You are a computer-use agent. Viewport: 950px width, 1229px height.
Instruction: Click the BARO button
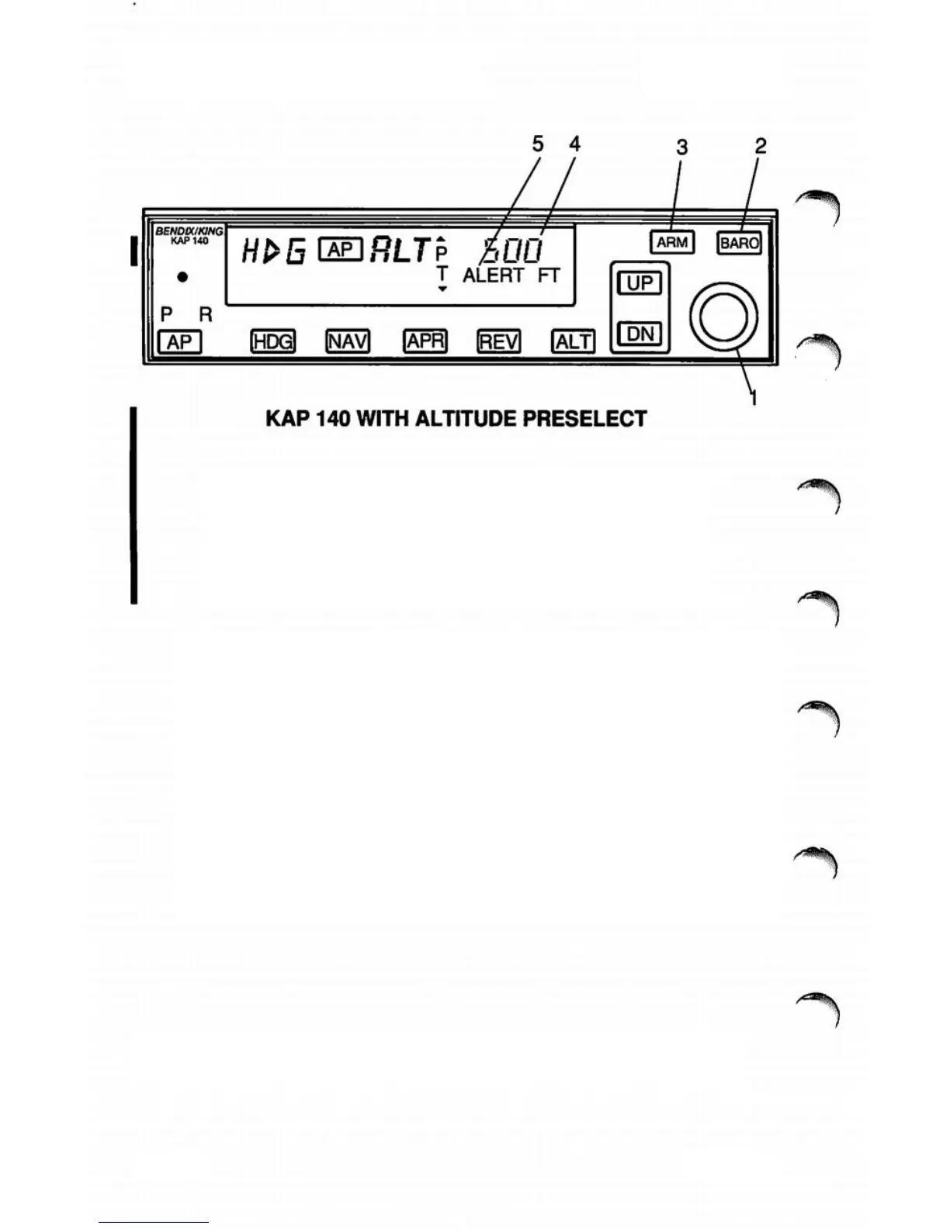739,243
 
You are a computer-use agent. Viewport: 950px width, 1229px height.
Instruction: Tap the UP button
639,283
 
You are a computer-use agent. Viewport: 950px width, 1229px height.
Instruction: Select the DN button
639,334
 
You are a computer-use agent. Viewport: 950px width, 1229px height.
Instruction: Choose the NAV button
347,341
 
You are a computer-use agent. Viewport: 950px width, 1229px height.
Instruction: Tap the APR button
425,341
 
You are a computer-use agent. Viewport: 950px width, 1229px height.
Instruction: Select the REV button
498,341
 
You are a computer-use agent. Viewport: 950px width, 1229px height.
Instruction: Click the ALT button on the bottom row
573,341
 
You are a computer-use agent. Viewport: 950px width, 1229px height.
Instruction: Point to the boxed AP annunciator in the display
341,249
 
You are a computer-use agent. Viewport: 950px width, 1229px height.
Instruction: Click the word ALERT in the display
494,275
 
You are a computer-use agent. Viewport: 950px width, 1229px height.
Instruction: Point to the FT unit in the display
549,275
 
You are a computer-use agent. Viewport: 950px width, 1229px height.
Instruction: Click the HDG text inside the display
274,251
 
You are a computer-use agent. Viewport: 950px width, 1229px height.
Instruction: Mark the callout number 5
538,144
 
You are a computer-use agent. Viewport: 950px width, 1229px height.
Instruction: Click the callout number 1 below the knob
753,399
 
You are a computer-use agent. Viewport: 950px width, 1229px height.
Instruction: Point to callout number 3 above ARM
681,147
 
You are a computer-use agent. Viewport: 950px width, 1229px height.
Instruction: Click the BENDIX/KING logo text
189,231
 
